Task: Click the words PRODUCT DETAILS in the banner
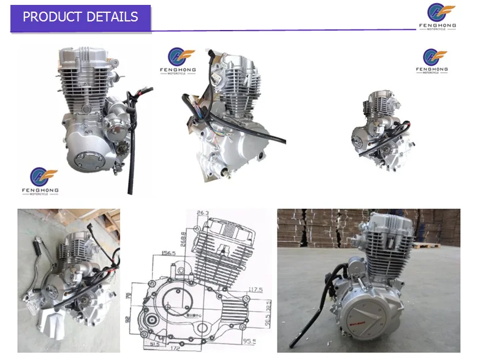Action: coord(80,17)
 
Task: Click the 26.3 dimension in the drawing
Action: coord(203,214)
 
